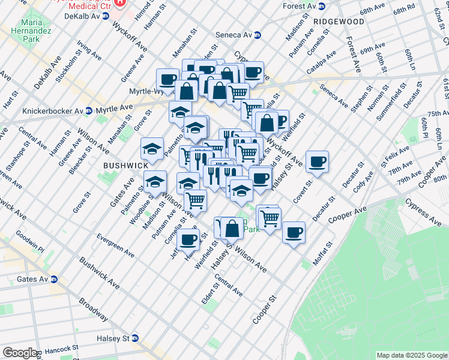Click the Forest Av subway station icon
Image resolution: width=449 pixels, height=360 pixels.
point(321,7)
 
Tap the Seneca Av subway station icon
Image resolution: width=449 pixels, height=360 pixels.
point(258,35)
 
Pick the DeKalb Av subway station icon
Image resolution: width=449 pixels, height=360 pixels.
point(106,16)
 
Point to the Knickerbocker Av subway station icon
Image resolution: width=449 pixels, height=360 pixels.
point(88,110)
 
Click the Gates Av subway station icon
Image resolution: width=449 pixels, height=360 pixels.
point(54,279)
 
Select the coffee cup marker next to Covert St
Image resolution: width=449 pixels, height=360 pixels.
point(317,161)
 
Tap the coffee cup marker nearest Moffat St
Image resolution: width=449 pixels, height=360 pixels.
point(294,232)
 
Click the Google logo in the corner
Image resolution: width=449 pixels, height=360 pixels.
point(20,353)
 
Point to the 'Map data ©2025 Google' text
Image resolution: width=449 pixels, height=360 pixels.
point(411,355)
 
